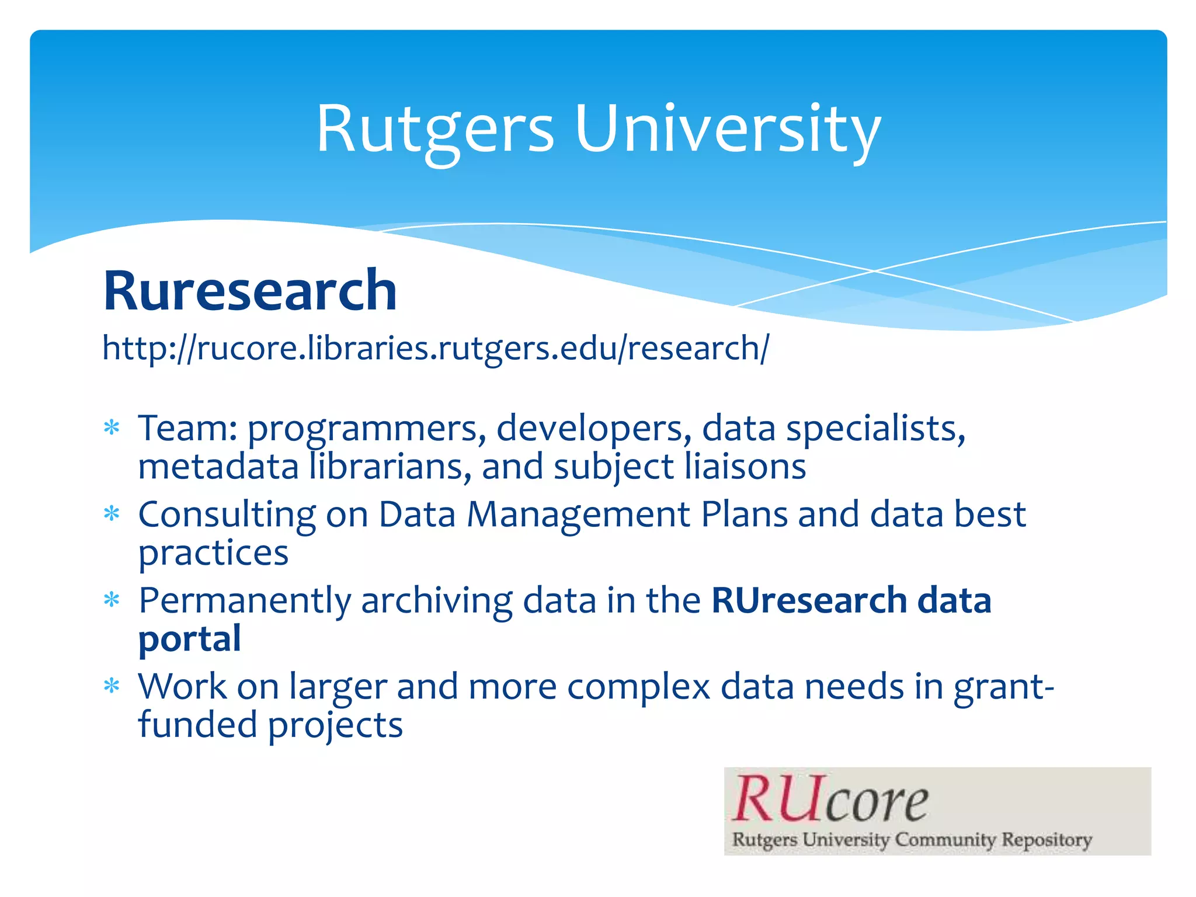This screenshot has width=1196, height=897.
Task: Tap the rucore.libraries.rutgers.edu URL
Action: click(436, 348)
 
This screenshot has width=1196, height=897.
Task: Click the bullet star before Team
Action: click(112, 428)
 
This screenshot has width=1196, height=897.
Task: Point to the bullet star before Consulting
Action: click(112, 514)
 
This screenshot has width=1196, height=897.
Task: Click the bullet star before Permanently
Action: click(112, 600)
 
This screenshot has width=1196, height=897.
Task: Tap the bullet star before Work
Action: click(112, 686)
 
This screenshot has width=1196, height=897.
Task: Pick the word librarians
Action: click(390, 467)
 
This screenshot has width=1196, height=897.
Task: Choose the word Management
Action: click(578, 515)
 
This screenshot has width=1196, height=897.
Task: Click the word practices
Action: click(213, 553)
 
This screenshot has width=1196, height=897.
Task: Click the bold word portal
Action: click(190, 639)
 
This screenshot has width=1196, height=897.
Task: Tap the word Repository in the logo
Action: click(1046, 840)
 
